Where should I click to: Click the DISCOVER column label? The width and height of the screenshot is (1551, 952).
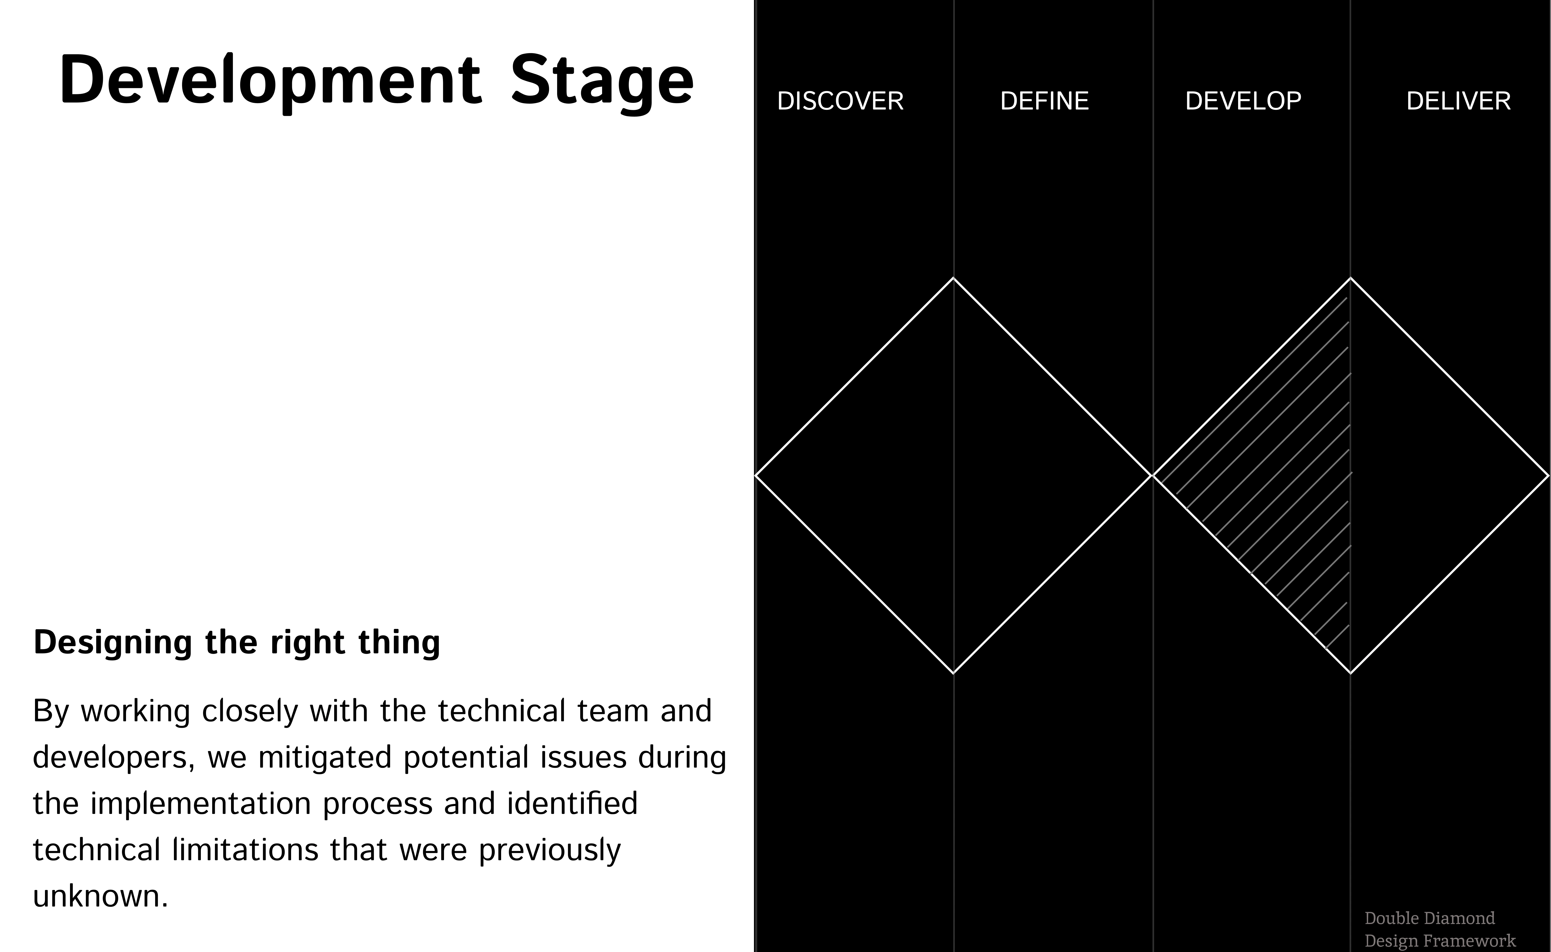click(840, 101)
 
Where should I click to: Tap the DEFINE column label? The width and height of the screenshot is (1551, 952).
click(1044, 101)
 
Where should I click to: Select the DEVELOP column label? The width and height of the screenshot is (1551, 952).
click(1243, 101)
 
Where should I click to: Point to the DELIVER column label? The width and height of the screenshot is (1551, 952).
click(1458, 101)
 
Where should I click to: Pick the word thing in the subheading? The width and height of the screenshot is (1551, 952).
click(399, 643)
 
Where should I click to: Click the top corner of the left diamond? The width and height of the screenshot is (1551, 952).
click(953, 278)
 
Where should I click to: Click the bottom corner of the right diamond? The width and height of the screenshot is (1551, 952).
click(1350, 673)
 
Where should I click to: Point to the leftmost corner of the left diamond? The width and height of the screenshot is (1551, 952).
click(756, 475)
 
